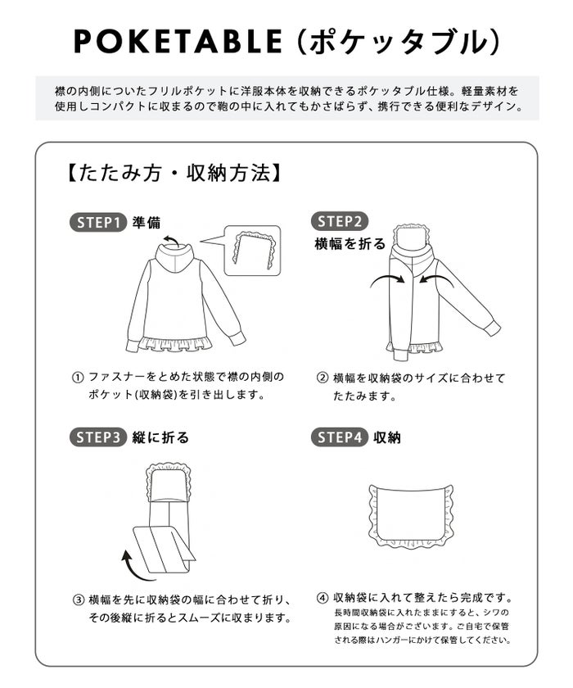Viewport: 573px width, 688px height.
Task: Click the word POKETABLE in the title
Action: pos(177,42)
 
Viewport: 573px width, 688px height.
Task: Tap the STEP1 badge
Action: pos(98,222)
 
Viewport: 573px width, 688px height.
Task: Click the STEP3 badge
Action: pos(98,437)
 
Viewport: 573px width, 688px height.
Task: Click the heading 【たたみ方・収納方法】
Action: pos(174,173)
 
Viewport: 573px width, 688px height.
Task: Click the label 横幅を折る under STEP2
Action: pos(350,243)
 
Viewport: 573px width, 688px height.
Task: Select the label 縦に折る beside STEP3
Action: pos(160,437)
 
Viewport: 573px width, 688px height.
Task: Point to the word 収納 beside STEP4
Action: pos(387,437)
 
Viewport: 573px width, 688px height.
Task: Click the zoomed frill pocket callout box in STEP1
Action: pos(252,250)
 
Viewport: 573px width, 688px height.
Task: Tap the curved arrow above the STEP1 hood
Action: pos(171,239)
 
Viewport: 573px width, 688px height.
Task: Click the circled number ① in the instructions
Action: pos(78,378)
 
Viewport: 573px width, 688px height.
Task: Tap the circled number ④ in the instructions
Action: pos(323,598)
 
